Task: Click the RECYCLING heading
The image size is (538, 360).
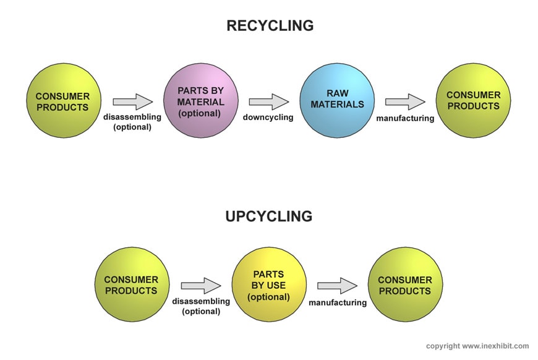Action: click(x=270, y=26)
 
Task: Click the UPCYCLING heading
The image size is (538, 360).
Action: click(x=269, y=216)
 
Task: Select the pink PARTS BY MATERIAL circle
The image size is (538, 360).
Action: click(x=201, y=101)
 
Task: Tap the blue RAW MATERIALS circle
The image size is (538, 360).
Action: click(x=337, y=101)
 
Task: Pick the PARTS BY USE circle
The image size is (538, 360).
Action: click(x=269, y=285)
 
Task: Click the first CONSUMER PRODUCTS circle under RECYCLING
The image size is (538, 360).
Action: click(x=64, y=101)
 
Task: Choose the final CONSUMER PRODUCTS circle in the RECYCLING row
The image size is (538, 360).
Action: click(x=473, y=101)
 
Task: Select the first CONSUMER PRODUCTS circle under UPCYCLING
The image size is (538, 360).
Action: click(x=132, y=285)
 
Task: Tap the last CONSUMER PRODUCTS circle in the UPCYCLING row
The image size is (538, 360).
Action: click(x=405, y=285)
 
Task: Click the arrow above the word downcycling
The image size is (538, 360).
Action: click(x=268, y=102)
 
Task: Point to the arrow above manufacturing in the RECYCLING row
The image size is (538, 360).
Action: click(x=405, y=102)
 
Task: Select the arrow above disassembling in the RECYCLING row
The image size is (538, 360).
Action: click(x=132, y=102)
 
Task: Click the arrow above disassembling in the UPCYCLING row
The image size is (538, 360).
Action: click(x=201, y=286)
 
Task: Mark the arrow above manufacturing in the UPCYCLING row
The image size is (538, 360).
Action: click(x=337, y=286)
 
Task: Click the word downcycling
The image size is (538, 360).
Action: click(x=268, y=118)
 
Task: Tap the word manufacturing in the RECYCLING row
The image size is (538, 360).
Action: click(x=405, y=118)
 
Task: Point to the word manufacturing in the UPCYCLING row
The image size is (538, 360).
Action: click(x=338, y=302)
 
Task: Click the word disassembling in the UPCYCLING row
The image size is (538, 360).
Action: click(x=201, y=301)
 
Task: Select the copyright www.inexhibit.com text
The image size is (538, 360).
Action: click(x=477, y=346)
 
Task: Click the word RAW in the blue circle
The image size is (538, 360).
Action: click(x=338, y=93)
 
